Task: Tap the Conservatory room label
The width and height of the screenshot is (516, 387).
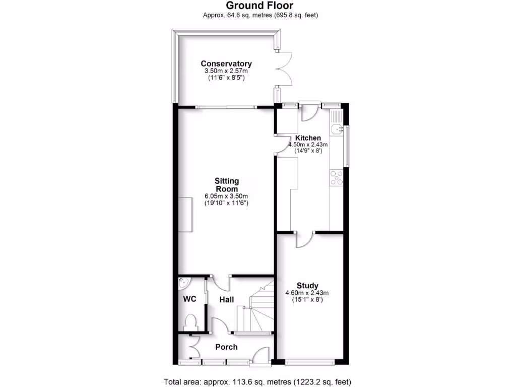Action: [x=226, y=63]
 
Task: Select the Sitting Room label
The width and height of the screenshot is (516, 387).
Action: [x=227, y=185]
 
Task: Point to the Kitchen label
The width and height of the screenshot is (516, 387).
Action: [x=308, y=138]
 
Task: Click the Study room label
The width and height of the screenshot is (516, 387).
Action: [x=307, y=285]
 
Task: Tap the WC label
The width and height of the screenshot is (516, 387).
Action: [x=189, y=299]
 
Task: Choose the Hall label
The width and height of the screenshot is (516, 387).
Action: [x=226, y=299]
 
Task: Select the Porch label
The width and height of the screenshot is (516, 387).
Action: [x=226, y=347]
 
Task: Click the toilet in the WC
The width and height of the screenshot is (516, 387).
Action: [x=191, y=321]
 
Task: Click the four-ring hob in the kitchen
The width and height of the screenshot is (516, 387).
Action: [x=336, y=177]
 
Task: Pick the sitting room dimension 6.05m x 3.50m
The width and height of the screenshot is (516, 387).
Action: [x=226, y=196]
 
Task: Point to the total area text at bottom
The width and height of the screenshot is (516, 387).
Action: [x=257, y=381]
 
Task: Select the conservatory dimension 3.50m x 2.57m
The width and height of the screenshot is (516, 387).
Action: [x=226, y=72]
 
